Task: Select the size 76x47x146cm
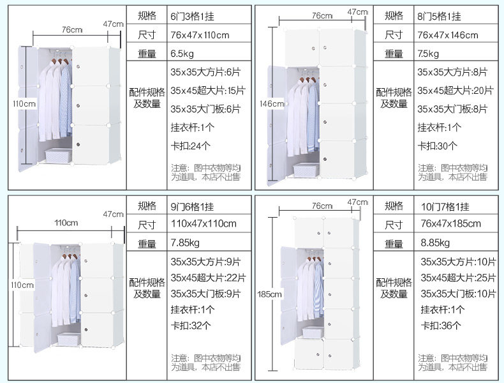[x=448, y=34]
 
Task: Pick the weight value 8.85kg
[x=436, y=243]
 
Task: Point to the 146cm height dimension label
[x=272, y=103]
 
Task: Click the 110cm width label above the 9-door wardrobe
[x=66, y=223]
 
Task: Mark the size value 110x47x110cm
[x=204, y=224]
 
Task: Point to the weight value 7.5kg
[x=428, y=54]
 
